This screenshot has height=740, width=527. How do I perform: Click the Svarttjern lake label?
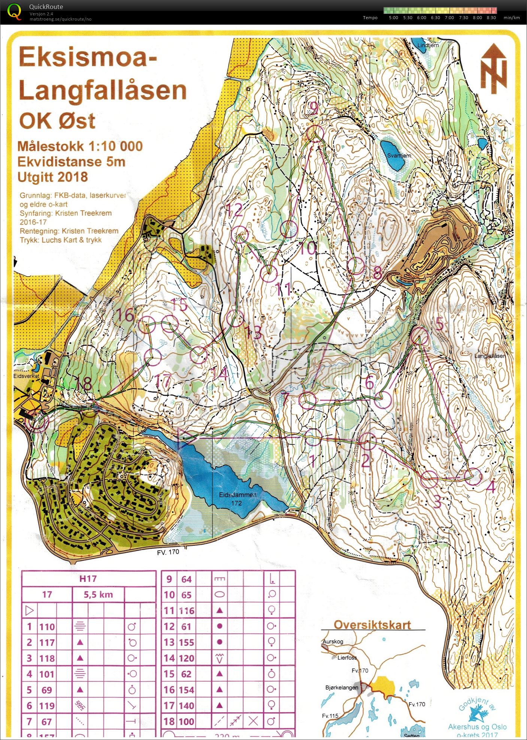[399, 155]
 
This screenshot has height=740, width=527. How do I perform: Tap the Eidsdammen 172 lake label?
[237, 499]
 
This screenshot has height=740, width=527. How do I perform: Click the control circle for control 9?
[315, 133]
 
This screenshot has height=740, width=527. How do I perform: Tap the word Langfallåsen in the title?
[102, 90]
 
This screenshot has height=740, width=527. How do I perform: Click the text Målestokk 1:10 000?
[80, 146]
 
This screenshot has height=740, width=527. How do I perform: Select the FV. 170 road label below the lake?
[168, 552]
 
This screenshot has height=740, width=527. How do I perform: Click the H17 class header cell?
[88, 578]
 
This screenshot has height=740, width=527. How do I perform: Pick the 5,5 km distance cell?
[98, 594]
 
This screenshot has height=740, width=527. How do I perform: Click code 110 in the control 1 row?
[47, 626]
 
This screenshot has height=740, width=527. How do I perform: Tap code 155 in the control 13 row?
[186, 642]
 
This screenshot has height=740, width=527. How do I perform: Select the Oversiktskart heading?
[372, 625]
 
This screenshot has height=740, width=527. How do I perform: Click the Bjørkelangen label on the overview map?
[341, 688]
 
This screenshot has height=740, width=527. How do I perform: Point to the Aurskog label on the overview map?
[333, 641]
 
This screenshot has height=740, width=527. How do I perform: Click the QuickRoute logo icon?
[14, 11]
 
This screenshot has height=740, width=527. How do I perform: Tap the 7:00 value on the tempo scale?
[449, 18]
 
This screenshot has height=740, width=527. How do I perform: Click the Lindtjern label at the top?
[428, 45]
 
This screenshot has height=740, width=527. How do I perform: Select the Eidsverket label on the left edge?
[26, 376]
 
